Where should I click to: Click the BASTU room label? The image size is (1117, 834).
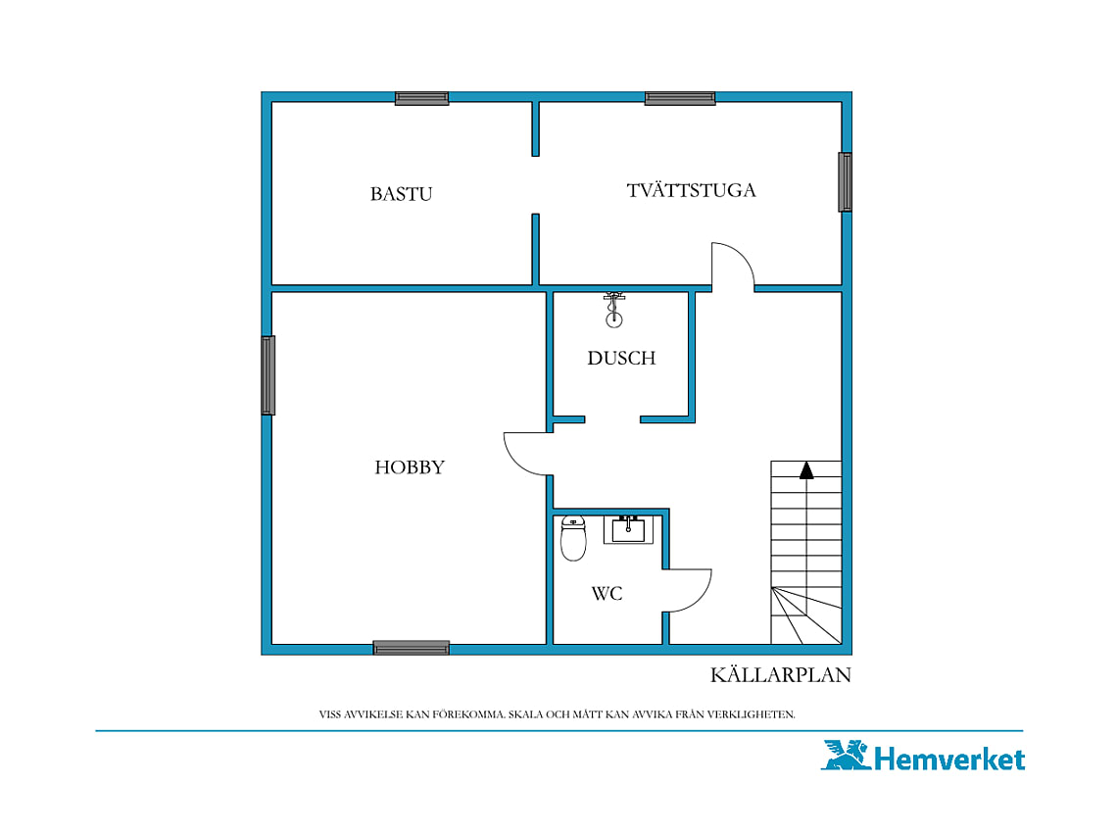pyautogui.click(x=401, y=194)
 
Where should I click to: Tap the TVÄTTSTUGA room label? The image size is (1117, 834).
pyautogui.click(x=691, y=190)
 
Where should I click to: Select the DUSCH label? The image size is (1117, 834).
pyautogui.click(x=621, y=358)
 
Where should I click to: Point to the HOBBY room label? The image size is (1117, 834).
pyautogui.click(x=410, y=466)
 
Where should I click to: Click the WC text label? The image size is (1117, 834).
pyautogui.click(x=607, y=593)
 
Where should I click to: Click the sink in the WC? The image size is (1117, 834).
pyautogui.click(x=628, y=529)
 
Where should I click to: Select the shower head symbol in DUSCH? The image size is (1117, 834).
pyautogui.click(x=614, y=310)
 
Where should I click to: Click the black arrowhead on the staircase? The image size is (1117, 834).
pyautogui.click(x=806, y=470)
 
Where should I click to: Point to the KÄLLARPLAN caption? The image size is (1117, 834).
pyautogui.click(x=781, y=675)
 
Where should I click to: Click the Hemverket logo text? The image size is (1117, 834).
pyautogui.click(x=949, y=759)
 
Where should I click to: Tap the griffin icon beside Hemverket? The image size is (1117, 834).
pyautogui.click(x=846, y=755)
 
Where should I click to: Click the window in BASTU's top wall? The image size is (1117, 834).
pyautogui.click(x=421, y=98)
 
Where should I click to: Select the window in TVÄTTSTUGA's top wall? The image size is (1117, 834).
pyautogui.click(x=680, y=98)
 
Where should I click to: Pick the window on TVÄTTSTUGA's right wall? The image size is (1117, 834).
pyautogui.click(x=845, y=181)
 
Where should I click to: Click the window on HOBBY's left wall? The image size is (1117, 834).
pyautogui.click(x=267, y=375)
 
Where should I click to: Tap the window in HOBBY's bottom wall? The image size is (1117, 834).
pyautogui.click(x=412, y=648)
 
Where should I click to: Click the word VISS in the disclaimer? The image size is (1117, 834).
pyautogui.click(x=330, y=714)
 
